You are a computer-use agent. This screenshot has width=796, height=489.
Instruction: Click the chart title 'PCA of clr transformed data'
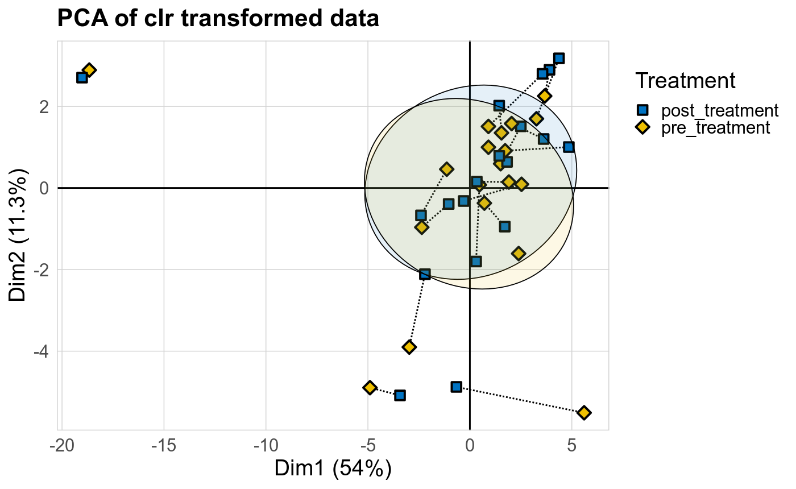coord(218,19)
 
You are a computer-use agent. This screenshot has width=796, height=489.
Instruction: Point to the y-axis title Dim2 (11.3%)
coord(19,235)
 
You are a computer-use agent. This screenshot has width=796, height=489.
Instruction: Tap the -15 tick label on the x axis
coord(164,445)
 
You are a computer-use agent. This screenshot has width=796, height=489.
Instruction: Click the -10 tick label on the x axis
coord(266,445)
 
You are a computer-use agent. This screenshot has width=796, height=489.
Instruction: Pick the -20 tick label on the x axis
coord(61,445)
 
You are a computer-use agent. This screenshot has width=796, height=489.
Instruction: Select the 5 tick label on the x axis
coord(571,445)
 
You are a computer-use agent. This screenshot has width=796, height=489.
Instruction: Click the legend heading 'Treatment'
coord(686,81)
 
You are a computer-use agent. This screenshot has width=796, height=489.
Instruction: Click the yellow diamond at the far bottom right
coord(584,412)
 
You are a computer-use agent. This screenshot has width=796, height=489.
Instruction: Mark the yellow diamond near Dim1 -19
coord(89,70)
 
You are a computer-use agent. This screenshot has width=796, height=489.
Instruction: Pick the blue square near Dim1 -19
coord(82,77)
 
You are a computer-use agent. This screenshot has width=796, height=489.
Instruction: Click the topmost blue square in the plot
coord(559,58)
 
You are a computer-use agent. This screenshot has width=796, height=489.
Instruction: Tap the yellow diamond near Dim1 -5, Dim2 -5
coord(370,387)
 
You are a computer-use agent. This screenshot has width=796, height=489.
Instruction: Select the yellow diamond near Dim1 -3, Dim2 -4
coord(409,347)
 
